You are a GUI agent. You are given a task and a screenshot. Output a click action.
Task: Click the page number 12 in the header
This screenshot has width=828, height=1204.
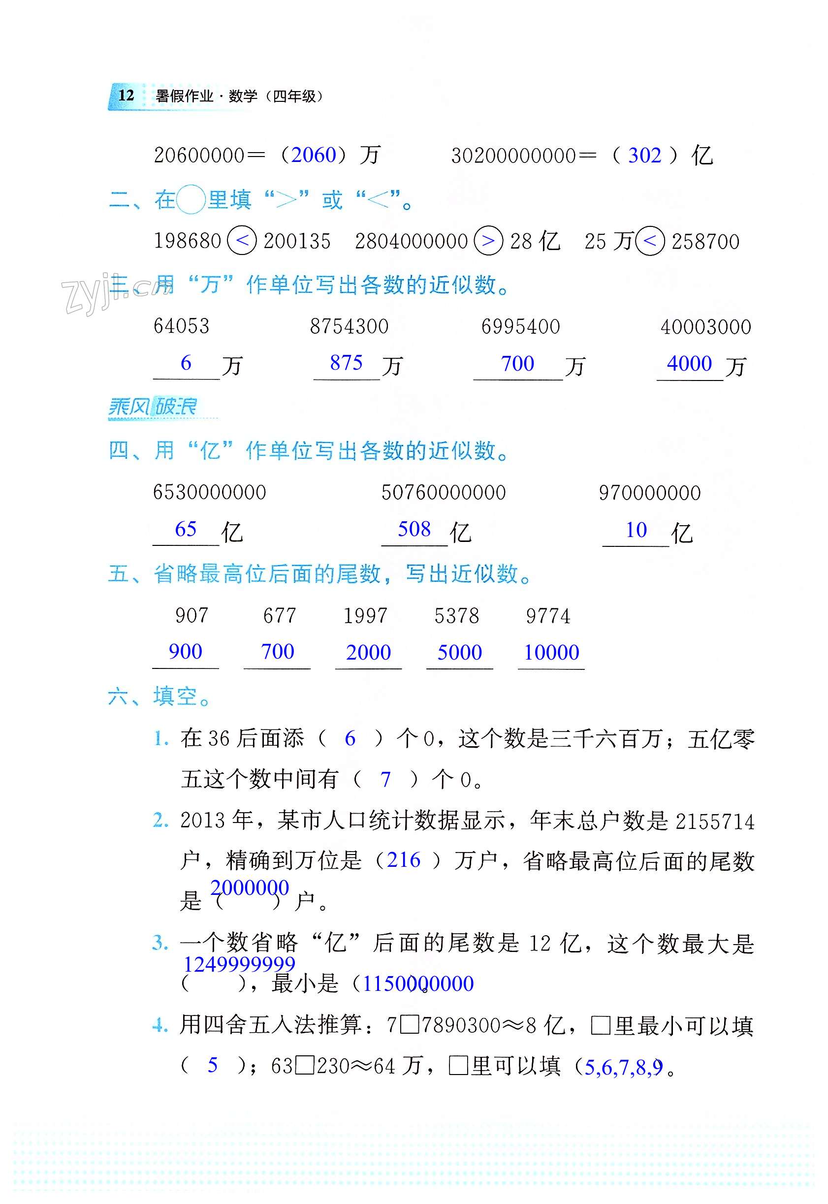point(126,95)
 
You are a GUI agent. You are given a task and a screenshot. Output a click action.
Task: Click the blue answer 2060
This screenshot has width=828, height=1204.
point(314,155)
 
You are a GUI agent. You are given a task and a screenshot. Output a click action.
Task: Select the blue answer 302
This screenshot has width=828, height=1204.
point(644,156)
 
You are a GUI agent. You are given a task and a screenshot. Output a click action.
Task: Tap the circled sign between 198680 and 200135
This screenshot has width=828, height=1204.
point(242,241)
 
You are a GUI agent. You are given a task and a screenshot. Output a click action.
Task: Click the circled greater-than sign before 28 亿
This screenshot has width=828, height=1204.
point(488,241)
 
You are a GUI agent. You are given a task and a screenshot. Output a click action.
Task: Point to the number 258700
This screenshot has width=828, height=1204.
point(705,242)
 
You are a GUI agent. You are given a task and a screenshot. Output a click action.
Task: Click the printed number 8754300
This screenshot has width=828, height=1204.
point(349,327)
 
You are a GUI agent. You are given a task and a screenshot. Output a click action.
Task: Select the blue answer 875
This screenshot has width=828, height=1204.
point(346,363)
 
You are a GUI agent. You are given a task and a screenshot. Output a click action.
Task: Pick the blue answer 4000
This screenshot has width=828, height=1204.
point(689,364)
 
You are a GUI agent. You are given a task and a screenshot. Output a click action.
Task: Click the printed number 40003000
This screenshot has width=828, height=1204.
point(705,327)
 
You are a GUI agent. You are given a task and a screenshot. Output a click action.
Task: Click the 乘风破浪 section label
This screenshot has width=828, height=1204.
point(153,407)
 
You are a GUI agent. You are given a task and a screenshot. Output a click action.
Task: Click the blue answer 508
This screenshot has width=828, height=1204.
point(414,529)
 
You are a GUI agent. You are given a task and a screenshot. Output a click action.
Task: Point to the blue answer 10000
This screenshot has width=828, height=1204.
point(551,653)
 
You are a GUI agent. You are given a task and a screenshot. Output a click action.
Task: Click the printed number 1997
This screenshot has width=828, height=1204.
point(365,616)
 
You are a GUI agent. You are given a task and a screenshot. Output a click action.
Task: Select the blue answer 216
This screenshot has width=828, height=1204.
point(404,860)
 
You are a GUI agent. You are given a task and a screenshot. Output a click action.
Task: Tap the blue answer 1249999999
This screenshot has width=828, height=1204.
point(239,964)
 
